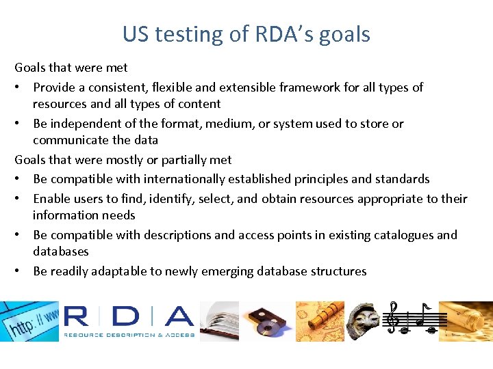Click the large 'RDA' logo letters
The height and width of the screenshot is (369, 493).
pos(129,316)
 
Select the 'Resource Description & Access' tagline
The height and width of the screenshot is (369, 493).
pos(129,335)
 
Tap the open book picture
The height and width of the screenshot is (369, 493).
pos(219,321)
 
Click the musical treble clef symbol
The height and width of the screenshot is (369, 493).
pos(392,317)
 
